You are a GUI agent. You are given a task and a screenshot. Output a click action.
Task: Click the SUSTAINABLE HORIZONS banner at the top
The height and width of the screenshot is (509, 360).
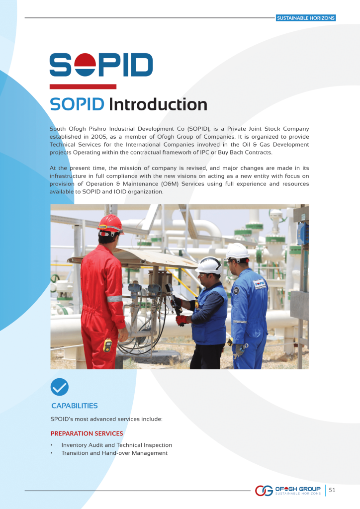306,18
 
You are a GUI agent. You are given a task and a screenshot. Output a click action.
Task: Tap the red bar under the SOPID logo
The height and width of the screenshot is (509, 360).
83,86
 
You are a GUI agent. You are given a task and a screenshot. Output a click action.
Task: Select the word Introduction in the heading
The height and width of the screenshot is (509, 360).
158,104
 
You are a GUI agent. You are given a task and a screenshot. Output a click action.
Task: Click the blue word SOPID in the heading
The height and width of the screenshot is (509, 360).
77,104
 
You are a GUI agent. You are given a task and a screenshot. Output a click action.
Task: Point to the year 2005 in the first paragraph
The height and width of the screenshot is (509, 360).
98,137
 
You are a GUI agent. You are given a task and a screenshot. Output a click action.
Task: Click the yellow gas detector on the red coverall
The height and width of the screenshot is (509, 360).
107,345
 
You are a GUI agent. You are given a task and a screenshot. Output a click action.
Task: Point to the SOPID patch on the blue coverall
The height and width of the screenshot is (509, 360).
260,284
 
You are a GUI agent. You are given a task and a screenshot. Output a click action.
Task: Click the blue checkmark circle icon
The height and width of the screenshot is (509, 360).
59,387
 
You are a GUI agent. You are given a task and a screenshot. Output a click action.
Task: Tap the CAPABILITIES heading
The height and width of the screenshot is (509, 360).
75,406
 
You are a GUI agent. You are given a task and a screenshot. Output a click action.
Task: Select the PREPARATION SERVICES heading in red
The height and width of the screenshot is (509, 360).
87,433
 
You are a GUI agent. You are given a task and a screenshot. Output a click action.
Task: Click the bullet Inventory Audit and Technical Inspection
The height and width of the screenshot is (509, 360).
117,445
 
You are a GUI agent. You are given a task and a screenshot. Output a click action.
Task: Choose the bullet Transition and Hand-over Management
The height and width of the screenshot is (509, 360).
114,453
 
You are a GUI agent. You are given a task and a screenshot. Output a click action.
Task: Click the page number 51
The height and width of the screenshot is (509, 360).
332,490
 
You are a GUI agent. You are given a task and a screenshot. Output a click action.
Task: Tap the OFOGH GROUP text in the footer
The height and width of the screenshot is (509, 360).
298,489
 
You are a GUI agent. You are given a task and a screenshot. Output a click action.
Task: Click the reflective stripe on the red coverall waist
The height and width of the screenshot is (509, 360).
114,299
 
